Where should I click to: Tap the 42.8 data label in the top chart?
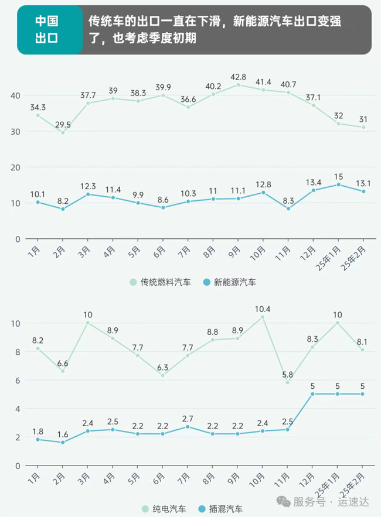tap(237, 77)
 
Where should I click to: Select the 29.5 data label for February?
tap(63, 124)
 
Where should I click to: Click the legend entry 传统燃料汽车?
tap(161, 282)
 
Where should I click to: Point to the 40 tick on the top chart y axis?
tap(15, 95)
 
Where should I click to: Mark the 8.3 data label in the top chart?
tap(288, 200)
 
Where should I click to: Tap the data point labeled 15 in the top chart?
tap(338, 184)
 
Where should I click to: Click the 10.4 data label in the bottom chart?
tap(262, 309)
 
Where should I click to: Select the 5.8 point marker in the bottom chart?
tap(288, 382)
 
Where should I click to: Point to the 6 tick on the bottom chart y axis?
tap(18, 381)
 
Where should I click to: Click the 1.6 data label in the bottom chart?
tap(63, 434)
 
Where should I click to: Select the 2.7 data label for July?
tap(188, 419)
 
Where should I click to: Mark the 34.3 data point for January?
tap(38, 115)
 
